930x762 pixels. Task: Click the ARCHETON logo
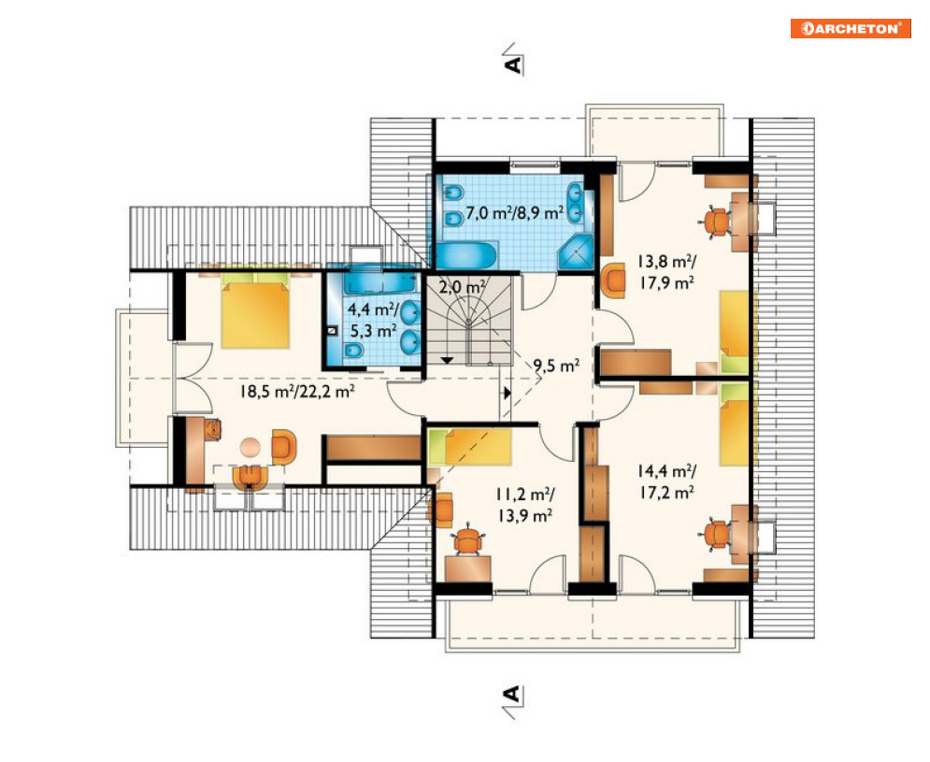(851, 28)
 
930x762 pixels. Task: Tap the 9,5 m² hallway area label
(556, 366)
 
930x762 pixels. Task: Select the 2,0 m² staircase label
(462, 287)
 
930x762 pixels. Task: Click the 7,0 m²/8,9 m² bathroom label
(514, 212)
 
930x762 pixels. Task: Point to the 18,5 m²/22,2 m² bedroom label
(297, 391)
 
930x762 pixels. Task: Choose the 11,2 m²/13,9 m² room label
(525, 505)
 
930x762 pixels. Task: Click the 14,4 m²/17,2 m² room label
(667, 482)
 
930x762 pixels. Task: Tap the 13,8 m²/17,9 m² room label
(667, 271)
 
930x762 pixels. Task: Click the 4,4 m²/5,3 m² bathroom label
(373, 320)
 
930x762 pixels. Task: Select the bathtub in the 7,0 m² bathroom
(467, 256)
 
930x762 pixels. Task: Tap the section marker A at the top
(514, 59)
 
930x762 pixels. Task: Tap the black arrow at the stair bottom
(447, 360)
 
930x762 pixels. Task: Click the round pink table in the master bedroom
(250, 447)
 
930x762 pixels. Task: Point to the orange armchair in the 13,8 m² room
(614, 280)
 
